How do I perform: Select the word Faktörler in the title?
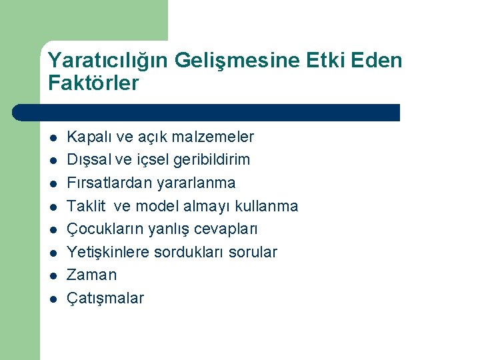click(93, 84)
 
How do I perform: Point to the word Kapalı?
click(90, 137)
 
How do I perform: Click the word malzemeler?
click(213, 137)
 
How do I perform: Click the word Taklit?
click(87, 206)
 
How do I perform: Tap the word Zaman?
click(92, 275)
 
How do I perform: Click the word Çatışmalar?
click(105, 298)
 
